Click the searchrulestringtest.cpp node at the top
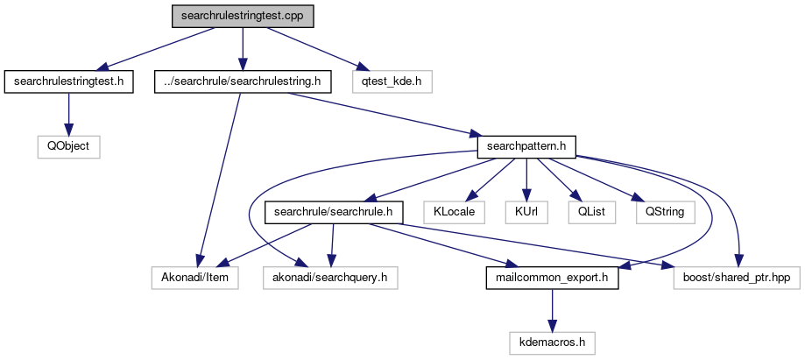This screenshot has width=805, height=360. [243, 16]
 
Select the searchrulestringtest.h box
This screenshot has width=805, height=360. [68, 81]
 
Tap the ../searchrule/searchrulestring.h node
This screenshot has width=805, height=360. [243, 81]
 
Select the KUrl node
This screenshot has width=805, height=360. [526, 212]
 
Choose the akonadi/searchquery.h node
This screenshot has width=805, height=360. [330, 278]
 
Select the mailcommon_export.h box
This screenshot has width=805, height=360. [552, 278]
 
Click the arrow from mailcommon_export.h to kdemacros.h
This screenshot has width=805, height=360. [552, 310]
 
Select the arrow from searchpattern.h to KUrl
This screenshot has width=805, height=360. [526, 179]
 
